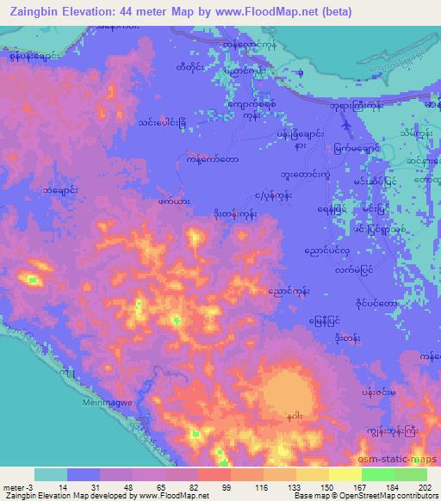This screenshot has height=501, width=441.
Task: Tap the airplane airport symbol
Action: (x=346, y=126)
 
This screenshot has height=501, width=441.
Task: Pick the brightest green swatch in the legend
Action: (x=377, y=475)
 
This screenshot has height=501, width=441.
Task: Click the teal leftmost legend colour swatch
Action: (x=51, y=475)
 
